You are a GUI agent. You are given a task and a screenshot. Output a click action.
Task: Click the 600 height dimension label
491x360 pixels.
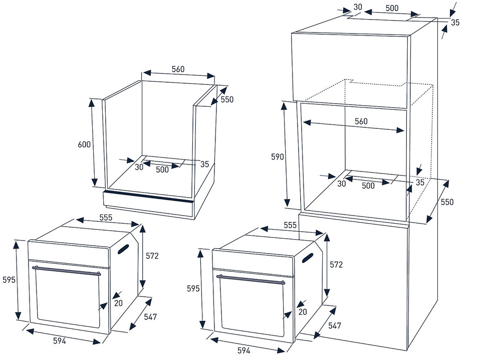pyautogui.click(x=84, y=144)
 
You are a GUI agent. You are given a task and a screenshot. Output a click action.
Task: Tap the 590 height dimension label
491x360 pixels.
pyautogui.click(x=278, y=156)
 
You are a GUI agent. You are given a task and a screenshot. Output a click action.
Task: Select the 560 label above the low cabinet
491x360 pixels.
pyautogui.click(x=178, y=69)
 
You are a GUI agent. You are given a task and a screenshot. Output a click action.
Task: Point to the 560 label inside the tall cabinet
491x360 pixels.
pyautogui.click(x=361, y=121)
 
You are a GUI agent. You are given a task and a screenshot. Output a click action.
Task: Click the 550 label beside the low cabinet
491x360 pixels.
pyautogui.click(x=227, y=99)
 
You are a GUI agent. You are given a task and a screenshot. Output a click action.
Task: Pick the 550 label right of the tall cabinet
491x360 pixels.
pyautogui.click(x=447, y=202)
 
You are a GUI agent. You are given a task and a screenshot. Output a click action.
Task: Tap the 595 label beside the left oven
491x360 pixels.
pyautogui.click(x=9, y=279)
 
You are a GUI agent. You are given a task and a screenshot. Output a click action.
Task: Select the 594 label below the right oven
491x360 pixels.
pyautogui.click(x=243, y=350)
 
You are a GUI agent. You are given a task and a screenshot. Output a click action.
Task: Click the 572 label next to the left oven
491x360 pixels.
pyautogui.click(x=152, y=256)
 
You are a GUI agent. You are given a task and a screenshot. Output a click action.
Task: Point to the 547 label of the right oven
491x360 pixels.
pyautogui.click(x=335, y=325)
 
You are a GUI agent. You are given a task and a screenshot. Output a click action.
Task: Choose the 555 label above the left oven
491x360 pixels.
pyautogui.click(x=106, y=218)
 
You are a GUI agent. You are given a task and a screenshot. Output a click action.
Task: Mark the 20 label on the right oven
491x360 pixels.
pyautogui.click(x=303, y=312)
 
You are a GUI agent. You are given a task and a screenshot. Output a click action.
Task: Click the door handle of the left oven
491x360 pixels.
pyautogui.click(x=66, y=270)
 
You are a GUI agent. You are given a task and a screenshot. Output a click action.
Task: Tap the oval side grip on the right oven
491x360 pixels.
pyautogui.click(x=308, y=258)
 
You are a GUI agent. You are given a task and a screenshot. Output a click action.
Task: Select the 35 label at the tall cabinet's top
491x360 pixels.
pyautogui.click(x=455, y=23)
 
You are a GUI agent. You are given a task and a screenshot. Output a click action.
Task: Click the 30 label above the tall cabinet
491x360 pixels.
pyautogui.click(x=358, y=7)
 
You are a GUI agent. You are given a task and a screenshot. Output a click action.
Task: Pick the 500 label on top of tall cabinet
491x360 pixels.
pyautogui.click(x=392, y=8)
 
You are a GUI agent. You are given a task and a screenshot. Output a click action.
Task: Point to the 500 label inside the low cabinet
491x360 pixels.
pyautogui.click(x=162, y=169)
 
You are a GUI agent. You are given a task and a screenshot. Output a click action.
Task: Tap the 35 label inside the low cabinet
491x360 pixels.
pyautogui.click(x=204, y=164)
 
